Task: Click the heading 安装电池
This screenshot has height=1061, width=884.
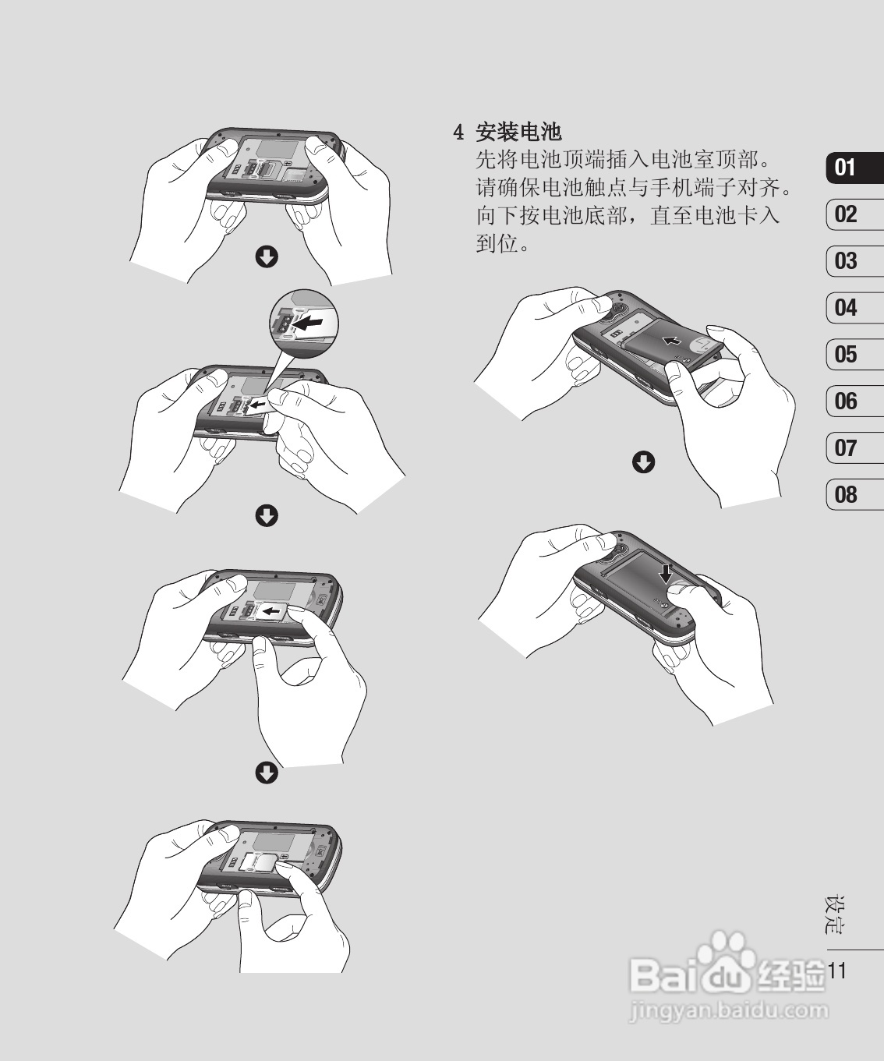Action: [518, 132]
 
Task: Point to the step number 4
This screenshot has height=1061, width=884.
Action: [459, 133]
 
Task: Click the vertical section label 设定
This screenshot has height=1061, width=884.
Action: [835, 915]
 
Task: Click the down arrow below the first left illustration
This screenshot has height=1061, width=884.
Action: [267, 256]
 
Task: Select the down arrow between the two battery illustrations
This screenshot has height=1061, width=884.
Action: [643, 462]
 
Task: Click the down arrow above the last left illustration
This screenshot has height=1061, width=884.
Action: [267, 773]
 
